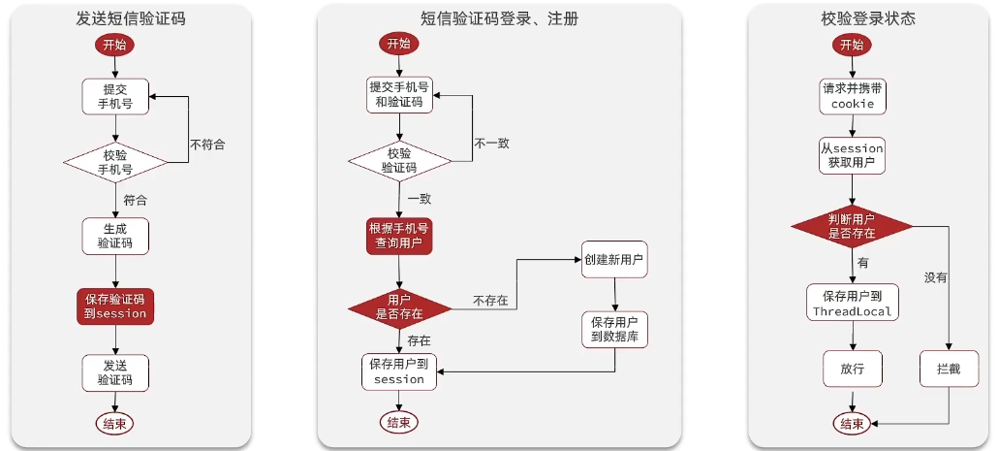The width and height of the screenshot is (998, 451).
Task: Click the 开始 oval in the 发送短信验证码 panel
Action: tap(114, 45)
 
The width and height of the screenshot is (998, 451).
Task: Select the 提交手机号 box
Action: tap(115, 96)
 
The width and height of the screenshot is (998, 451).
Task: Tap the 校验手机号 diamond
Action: tap(115, 160)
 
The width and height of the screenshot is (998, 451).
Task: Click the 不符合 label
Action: tap(207, 145)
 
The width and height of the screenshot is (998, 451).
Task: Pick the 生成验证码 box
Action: tap(115, 235)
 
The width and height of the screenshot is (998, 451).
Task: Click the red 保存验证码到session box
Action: tap(115, 306)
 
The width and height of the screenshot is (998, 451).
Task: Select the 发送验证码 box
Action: tap(115, 371)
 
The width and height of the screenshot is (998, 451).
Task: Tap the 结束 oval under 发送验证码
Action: tap(115, 423)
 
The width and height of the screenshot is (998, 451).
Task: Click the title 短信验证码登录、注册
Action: tap(499, 18)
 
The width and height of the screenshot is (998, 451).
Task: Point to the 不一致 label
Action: tap(491, 143)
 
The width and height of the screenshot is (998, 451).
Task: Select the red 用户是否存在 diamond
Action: tap(399, 307)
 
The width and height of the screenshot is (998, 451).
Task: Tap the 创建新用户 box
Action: tap(614, 260)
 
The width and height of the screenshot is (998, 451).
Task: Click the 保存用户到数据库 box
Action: tap(614, 329)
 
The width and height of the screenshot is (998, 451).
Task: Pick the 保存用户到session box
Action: tap(399, 371)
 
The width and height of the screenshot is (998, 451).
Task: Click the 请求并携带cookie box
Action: tap(853, 95)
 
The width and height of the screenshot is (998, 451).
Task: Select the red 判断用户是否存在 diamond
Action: tap(852, 227)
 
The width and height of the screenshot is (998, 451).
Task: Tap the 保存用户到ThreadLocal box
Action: tap(852, 302)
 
